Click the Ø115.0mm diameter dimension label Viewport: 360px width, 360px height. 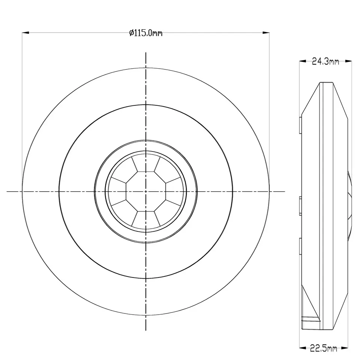(146, 33)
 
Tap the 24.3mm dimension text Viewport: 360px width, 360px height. (325, 61)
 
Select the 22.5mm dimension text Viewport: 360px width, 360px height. (324, 348)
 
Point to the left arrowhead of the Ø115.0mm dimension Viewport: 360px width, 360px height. (25, 33)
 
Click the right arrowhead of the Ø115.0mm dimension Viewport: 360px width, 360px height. (266, 33)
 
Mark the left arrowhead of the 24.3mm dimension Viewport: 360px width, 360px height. (303, 61)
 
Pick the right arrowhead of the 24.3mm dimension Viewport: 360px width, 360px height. (348, 61)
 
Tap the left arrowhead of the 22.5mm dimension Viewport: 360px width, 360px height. (303, 348)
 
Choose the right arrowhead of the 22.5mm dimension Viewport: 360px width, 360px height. (345, 348)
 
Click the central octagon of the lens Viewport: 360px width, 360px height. (146, 191)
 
